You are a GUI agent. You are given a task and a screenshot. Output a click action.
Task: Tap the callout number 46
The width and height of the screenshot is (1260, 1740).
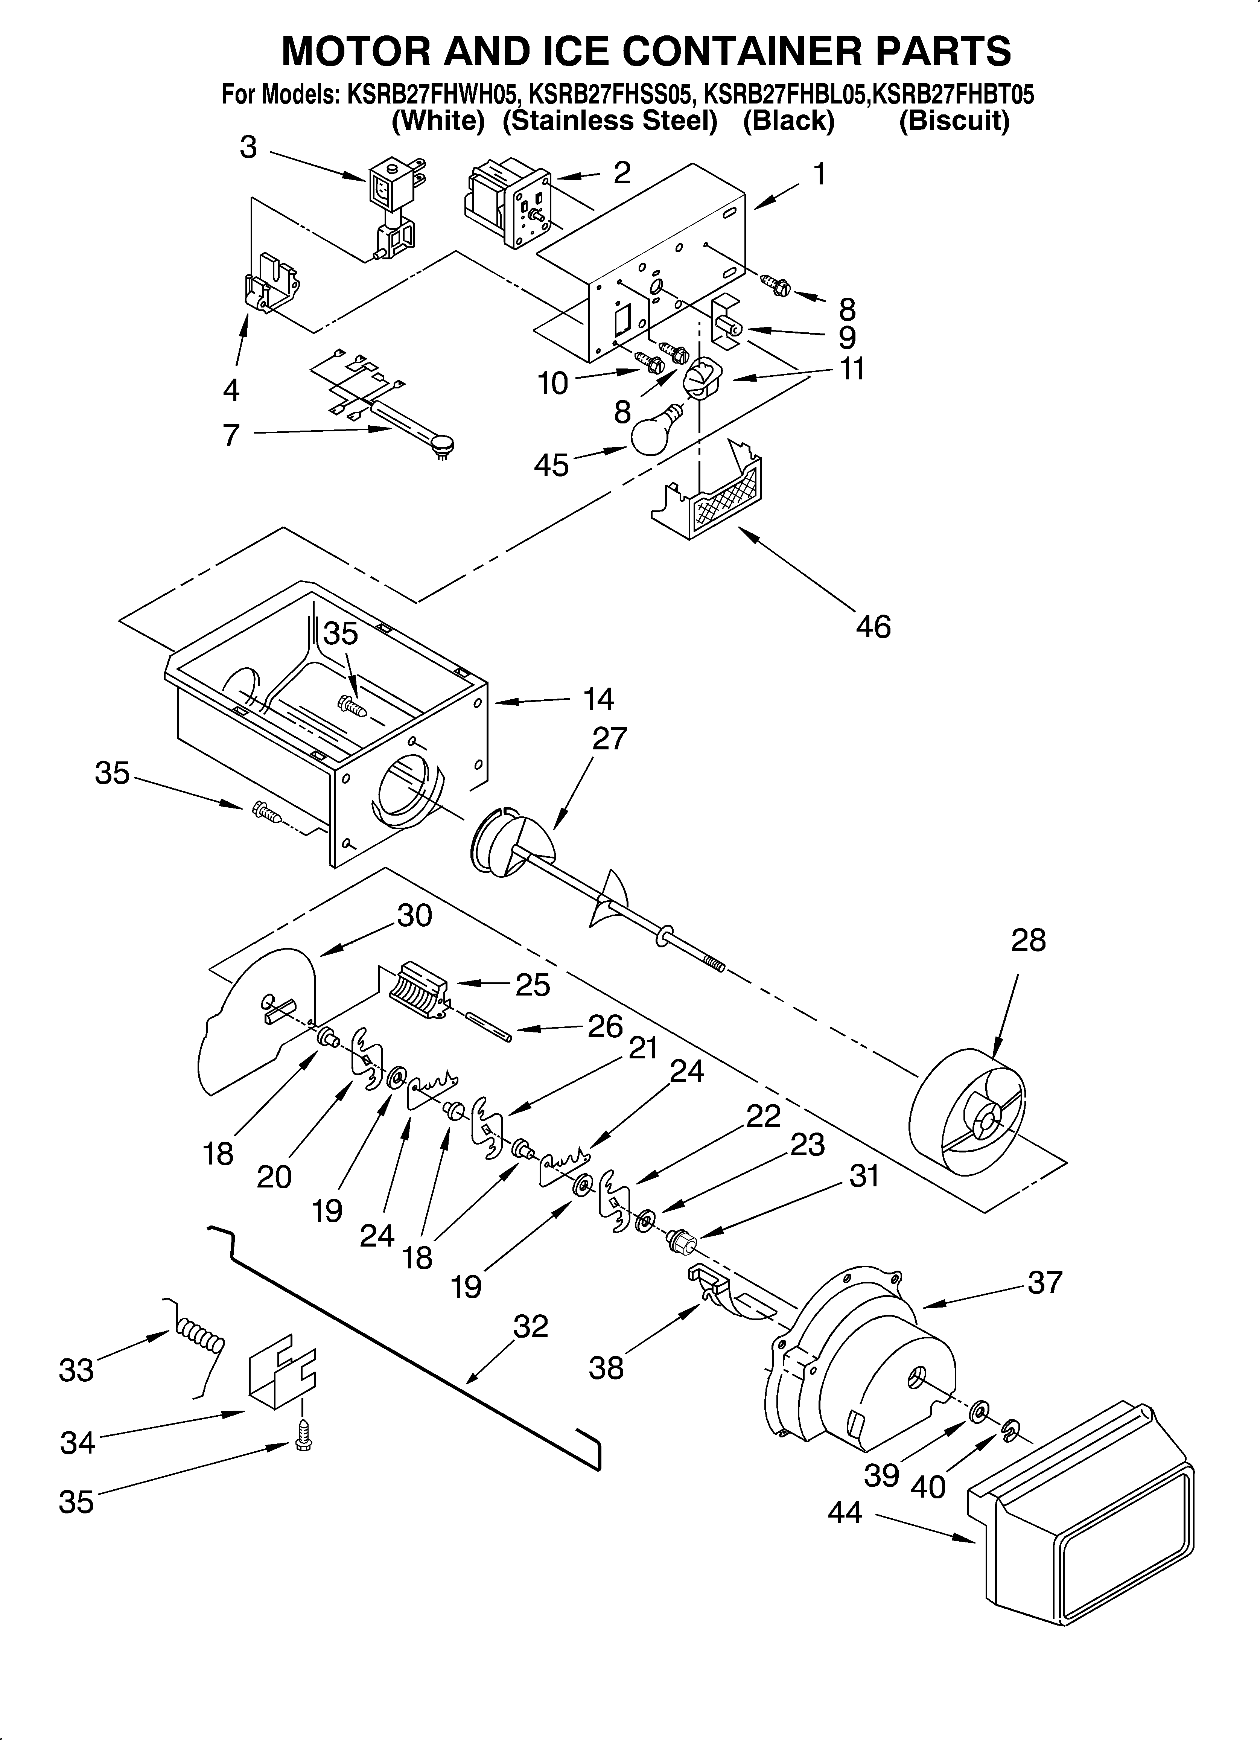coord(873,627)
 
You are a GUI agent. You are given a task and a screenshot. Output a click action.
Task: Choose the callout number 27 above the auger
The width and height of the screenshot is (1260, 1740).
coord(609,739)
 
